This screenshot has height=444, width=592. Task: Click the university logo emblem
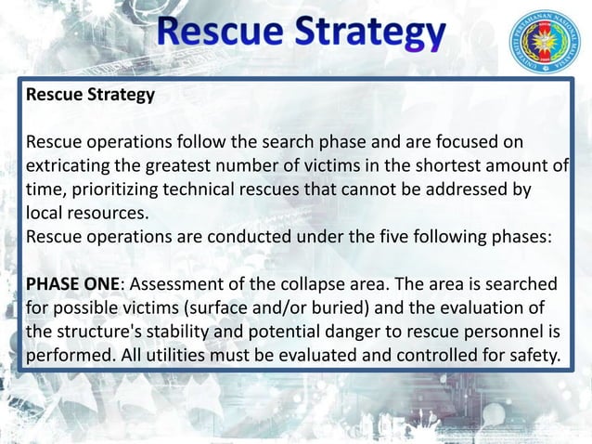(543, 44)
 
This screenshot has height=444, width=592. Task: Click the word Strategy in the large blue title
(370, 35)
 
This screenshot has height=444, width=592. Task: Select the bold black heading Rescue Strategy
(90, 95)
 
